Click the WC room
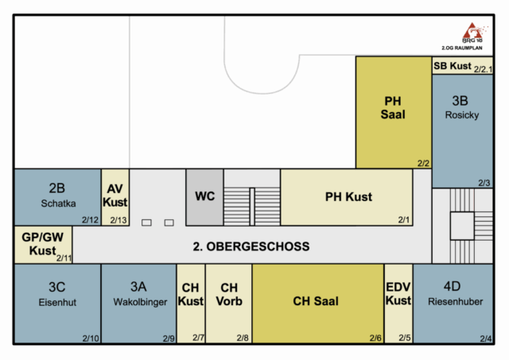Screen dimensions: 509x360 (205, 197)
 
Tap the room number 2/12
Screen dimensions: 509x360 (90, 220)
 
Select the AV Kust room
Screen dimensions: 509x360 (115, 197)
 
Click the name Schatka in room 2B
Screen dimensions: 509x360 (58, 203)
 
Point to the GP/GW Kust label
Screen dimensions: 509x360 (42, 244)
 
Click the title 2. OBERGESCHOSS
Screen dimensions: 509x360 (251, 246)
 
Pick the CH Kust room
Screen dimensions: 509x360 (191, 304)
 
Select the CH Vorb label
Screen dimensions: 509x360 (229, 295)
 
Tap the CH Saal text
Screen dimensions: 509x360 (316, 301)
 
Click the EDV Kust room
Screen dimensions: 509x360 (398, 304)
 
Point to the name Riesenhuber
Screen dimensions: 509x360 (456, 302)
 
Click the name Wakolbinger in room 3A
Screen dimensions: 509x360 (140, 302)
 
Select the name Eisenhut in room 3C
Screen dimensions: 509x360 (57, 302)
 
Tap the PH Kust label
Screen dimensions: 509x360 (348, 197)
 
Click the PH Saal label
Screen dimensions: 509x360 (393, 107)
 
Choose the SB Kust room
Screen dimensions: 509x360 (463, 66)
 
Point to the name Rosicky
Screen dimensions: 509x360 (462, 115)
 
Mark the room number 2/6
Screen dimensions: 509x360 (375, 338)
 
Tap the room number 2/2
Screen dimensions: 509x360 (423, 163)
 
